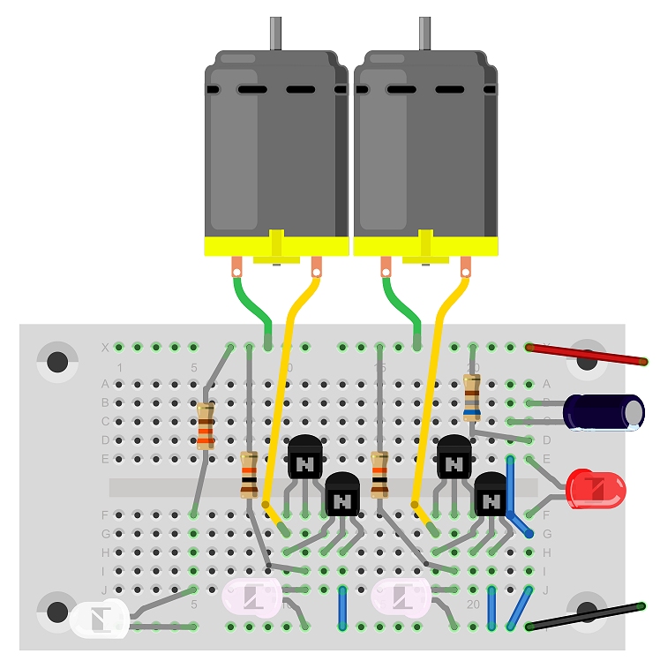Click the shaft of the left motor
pyautogui.click(x=274, y=33)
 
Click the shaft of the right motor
pyautogui.click(x=424, y=33)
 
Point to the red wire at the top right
pyautogui.click(x=587, y=355)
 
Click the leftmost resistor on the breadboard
pyautogui.click(x=206, y=426)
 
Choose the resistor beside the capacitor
pyautogui.click(x=472, y=394)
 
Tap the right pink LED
pyautogui.click(x=401, y=600)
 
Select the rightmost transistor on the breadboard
pyautogui.click(x=491, y=497)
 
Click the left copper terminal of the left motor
pyautogui.click(x=236, y=265)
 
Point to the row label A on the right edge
pyautogui.click(x=547, y=384)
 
